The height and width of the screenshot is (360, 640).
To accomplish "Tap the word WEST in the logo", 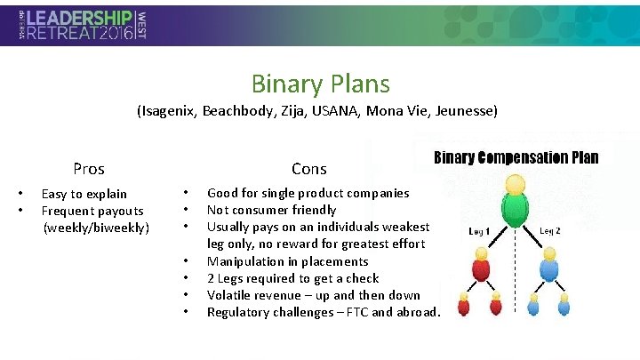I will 142,26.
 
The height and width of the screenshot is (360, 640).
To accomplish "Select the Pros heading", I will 89,169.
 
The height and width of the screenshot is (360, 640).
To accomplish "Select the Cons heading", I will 309,169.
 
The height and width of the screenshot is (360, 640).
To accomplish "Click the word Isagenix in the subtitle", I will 167,112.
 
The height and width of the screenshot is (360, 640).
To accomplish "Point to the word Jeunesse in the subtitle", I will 465,112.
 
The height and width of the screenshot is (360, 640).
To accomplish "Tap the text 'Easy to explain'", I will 84,194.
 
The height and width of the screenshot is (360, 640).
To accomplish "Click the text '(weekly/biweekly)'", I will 97,228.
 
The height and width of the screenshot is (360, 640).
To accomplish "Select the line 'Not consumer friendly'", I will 271,210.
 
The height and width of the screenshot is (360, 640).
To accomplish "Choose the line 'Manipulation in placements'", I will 287,261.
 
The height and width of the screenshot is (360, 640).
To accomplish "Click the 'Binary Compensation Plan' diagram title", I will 516,158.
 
